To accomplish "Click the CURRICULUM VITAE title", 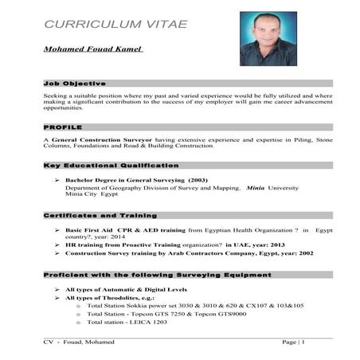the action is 116,24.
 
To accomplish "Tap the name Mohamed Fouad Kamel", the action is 93,49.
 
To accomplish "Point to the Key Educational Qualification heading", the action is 111,165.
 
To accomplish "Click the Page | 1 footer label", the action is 293,341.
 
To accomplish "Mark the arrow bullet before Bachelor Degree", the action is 58,180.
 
